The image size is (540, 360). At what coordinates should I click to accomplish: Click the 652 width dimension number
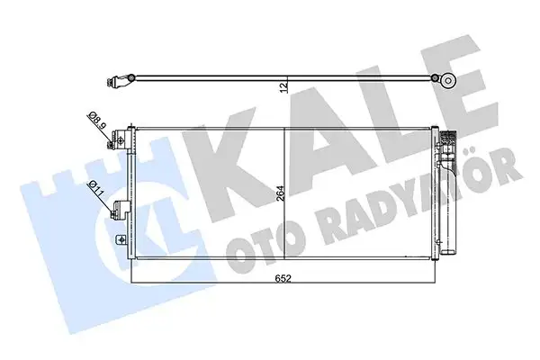283,279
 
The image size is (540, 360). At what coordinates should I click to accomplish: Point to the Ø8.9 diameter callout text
94,118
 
